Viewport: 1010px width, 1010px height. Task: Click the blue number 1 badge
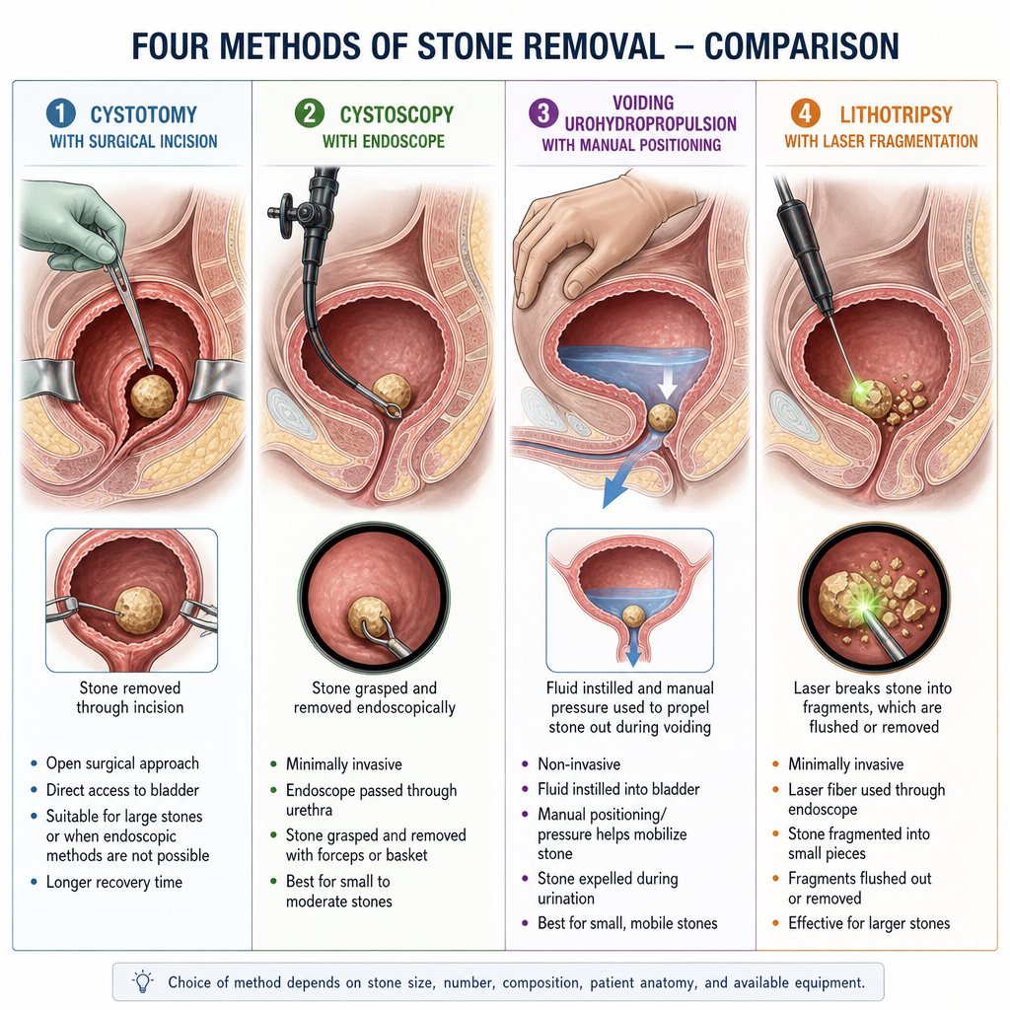[61, 114]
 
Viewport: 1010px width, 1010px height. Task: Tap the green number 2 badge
[310, 113]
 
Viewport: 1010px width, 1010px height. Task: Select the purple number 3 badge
[543, 112]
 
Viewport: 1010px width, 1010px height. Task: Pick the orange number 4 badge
[805, 113]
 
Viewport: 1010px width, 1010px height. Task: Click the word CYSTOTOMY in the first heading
[144, 114]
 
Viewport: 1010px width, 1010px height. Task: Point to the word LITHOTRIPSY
[896, 114]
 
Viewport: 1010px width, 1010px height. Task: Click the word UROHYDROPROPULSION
[651, 123]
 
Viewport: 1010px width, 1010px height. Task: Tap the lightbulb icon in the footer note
[143, 981]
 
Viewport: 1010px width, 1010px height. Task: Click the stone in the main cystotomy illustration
[153, 396]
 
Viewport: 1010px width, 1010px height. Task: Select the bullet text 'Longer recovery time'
[114, 882]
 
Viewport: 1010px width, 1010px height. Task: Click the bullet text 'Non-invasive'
[579, 764]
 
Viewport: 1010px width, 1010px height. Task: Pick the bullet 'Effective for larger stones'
[869, 923]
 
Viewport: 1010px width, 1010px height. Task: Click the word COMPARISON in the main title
[801, 46]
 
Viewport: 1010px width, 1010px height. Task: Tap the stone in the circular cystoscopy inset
[370, 617]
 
